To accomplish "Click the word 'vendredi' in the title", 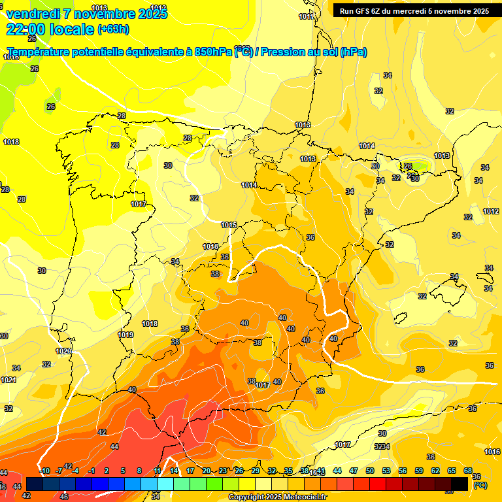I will point(33,13).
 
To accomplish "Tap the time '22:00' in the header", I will point(25,29).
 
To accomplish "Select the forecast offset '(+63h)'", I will point(113,29).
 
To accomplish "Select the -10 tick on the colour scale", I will point(45,471).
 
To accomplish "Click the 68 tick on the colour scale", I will point(468,471).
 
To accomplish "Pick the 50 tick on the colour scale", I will point(370,471).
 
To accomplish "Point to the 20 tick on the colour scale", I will point(207,471).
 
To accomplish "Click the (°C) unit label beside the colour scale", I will point(480,485).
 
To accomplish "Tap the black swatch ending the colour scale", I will point(460,484).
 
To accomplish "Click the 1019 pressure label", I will point(125,335).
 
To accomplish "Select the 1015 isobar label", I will point(229,225).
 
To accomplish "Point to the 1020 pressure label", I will point(63,351).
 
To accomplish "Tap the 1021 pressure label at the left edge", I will point(8,380).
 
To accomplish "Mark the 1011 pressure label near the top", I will point(305,16).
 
